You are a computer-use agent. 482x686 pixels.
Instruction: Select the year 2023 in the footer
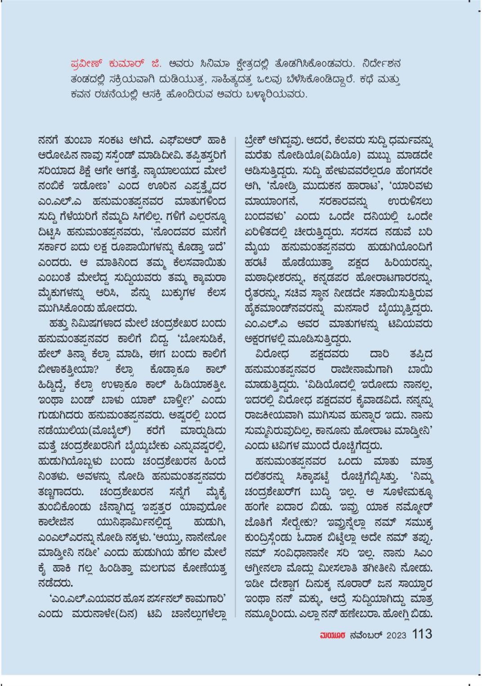pyautogui.click(x=396, y=635)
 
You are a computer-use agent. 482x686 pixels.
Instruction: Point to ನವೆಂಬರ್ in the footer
pyautogui.click(x=365, y=635)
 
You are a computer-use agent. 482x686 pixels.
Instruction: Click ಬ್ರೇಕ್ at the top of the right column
pyautogui.click(x=259, y=140)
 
